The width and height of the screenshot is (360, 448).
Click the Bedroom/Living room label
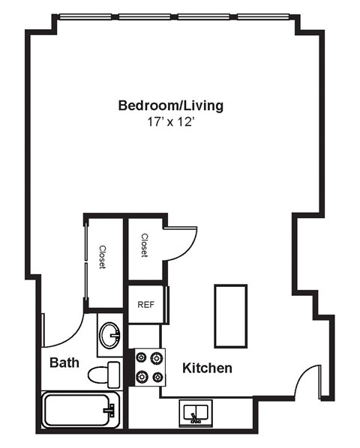click(170, 106)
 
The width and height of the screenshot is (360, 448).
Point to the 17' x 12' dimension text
click(170, 122)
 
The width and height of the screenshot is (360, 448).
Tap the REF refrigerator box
click(145, 305)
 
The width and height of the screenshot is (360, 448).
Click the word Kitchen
click(207, 368)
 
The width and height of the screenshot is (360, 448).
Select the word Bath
click(64, 363)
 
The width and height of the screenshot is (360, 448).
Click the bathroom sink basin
click(110, 334)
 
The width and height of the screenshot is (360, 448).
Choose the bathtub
click(79, 411)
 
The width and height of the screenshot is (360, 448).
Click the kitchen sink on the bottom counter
click(196, 413)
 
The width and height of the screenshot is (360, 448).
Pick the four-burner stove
click(148, 367)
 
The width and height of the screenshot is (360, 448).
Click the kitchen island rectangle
click(230, 315)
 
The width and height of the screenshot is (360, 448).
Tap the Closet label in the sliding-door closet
click(103, 257)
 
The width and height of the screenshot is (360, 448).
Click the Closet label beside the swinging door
click(144, 246)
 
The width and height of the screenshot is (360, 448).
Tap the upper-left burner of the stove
click(140, 358)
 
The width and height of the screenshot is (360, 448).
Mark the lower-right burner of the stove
click(157, 376)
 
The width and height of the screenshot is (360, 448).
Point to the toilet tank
click(113, 373)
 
